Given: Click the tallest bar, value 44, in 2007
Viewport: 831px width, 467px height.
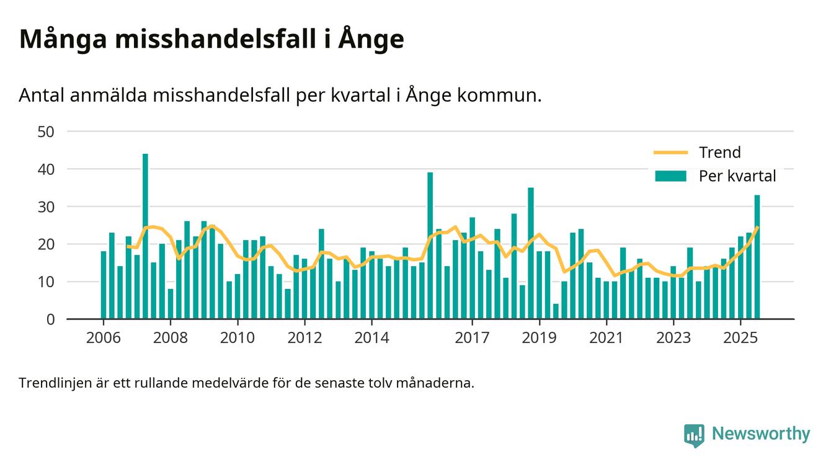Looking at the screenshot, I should coord(145,236).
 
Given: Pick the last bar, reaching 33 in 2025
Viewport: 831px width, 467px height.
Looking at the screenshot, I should coord(757,257).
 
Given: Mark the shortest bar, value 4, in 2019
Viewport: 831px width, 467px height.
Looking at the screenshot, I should coord(556,311).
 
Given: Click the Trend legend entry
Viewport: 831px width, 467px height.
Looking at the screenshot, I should coord(719,153).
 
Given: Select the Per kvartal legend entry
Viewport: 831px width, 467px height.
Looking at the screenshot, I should coord(737,176).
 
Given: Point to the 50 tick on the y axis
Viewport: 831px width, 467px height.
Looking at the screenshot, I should coord(47,131).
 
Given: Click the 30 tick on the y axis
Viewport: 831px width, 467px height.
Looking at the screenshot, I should coord(47,207).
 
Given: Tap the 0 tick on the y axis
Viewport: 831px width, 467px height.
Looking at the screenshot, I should coord(50,319).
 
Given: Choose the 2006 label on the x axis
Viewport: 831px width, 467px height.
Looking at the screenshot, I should coord(103,338).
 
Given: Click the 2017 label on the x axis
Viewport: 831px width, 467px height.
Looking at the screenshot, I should coord(472,338).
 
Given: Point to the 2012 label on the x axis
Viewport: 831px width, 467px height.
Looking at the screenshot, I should coord(304,338).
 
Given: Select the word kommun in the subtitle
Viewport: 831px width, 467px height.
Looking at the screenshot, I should coord(502,96).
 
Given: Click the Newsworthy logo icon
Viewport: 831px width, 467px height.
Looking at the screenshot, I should coord(694,435).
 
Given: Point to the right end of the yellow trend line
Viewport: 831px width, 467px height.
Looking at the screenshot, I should coord(757,228).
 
